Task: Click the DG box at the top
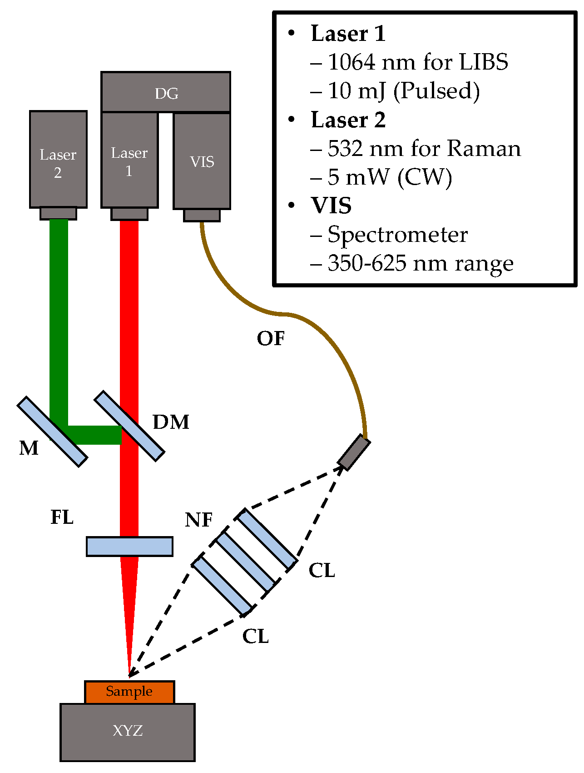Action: [166, 92]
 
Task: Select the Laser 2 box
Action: [58, 159]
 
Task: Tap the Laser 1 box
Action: [129, 160]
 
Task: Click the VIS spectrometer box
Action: [202, 161]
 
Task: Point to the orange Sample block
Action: [129, 692]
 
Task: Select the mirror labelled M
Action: [52, 432]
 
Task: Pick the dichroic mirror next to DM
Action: [129, 426]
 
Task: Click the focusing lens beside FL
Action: [129, 546]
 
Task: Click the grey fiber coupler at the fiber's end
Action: [354, 452]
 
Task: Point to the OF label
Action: [271, 338]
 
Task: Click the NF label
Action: [199, 520]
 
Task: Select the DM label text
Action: [171, 422]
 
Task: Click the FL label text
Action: [62, 517]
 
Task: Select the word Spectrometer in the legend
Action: [398, 235]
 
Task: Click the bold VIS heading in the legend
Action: [331, 206]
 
